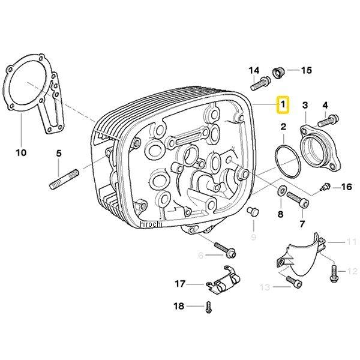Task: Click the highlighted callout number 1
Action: point(283,104)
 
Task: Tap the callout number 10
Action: point(21,152)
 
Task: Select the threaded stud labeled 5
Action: point(64,179)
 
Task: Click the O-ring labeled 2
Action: point(287,161)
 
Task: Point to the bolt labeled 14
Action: point(260,84)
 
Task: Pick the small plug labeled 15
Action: point(278,73)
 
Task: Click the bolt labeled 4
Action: point(328,121)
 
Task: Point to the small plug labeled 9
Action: point(253,211)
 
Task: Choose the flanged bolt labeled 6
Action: point(225,250)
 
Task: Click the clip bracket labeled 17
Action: point(223,280)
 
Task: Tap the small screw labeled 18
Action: point(208,307)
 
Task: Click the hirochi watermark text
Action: point(151,224)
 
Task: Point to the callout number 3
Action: point(305,105)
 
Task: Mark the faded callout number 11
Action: point(351,242)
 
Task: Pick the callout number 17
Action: point(180,284)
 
